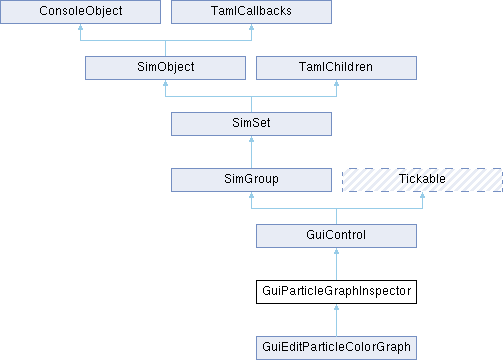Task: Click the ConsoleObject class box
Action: coord(80,12)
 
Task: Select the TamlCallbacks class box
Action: coord(251,12)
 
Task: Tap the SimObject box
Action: coord(165,68)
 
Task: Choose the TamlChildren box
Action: coord(336,68)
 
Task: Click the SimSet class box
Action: coord(251,124)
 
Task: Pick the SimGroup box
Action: coord(251,180)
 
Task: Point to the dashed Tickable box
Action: coord(422,180)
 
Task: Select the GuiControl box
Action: coord(336,236)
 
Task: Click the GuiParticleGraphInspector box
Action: coord(336,292)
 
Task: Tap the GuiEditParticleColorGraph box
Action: coord(336,348)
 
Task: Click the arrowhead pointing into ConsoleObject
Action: coord(80,27)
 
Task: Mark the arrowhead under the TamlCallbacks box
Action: coord(251,27)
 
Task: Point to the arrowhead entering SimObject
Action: coord(165,83)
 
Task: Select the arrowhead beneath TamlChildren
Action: coord(336,83)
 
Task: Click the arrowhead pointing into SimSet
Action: coord(251,139)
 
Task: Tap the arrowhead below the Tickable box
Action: coord(422,195)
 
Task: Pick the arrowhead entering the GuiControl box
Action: coord(336,251)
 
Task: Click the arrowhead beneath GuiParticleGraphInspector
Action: coord(336,307)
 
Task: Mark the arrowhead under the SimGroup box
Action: coord(251,195)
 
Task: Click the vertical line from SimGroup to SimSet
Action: coord(251,152)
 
